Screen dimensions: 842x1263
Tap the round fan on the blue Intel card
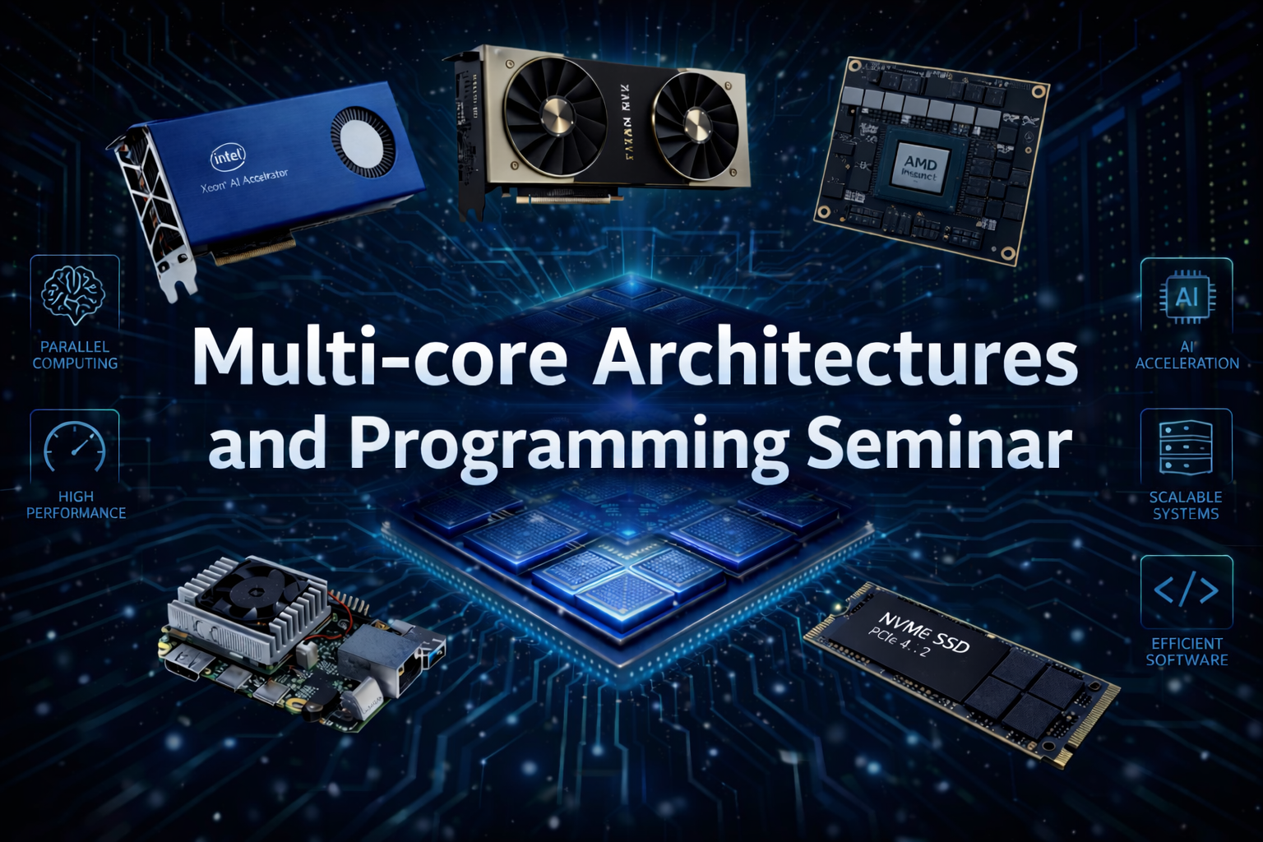click(363, 144)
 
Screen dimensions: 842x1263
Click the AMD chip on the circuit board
click(919, 169)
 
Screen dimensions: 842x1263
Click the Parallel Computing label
click(75, 355)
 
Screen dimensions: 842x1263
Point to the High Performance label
click(76, 505)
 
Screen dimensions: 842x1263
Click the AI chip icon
click(1187, 297)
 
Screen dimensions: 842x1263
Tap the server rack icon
click(1186, 447)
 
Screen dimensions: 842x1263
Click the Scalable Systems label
click(1186, 506)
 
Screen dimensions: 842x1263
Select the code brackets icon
click(1186, 590)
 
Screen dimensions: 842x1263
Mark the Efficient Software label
click(1187, 652)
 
